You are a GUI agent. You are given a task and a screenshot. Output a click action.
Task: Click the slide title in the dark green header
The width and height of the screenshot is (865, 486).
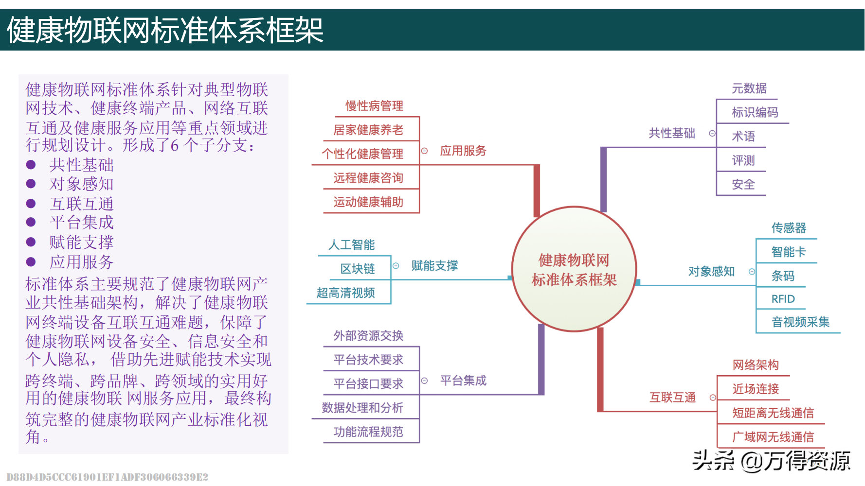click(x=165, y=30)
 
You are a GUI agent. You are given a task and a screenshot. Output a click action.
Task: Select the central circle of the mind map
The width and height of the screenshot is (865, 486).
click(x=574, y=269)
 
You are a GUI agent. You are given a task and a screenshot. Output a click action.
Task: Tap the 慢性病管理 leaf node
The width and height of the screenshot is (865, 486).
click(x=374, y=106)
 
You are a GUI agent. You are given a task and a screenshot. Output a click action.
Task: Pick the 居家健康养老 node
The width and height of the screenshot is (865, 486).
click(x=368, y=130)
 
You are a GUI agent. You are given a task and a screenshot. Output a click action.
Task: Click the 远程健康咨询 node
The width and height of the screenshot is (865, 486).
click(x=368, y=178)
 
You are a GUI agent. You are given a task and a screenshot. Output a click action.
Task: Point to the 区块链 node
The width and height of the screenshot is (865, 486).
click(x=358, y=269)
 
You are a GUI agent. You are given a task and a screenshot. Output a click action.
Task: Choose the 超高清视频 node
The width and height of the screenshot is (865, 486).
click(x=346, y=293)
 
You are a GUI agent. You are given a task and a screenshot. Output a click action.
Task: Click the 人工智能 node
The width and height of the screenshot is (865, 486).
click(x=352, y=244)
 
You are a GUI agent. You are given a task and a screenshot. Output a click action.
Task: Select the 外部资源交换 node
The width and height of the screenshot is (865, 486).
click(x=368, y=335)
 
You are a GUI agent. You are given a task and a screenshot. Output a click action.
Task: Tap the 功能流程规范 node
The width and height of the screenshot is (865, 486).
click(x=368, y=432)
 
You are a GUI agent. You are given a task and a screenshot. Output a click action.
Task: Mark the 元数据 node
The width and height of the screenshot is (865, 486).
click(x=749, y=88)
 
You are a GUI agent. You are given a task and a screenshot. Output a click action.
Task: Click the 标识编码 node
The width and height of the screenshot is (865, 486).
click(x=755, y=112)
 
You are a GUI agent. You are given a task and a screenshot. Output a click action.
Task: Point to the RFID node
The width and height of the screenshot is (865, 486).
click(x=783, y=299)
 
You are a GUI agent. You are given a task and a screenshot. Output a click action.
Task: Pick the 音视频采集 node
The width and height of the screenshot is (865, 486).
click(x=800, y=322)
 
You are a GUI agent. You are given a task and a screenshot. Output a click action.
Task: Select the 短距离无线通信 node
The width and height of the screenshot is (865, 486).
click(x=773, y=413)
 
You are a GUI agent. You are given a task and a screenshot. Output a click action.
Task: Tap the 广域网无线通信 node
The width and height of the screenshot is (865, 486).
click(x=773, y=437)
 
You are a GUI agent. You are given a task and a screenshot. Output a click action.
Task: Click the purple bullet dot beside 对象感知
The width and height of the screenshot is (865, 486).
click(x=31, y=184)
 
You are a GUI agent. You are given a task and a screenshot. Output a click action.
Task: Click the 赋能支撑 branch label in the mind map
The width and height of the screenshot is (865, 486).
click(x=434, y=265)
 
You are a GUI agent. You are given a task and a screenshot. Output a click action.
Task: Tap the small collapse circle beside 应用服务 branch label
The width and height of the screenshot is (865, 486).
click(x=424, y=151)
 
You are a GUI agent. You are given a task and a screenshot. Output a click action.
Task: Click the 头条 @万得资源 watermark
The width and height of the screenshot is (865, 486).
click(x=771, y=461)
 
